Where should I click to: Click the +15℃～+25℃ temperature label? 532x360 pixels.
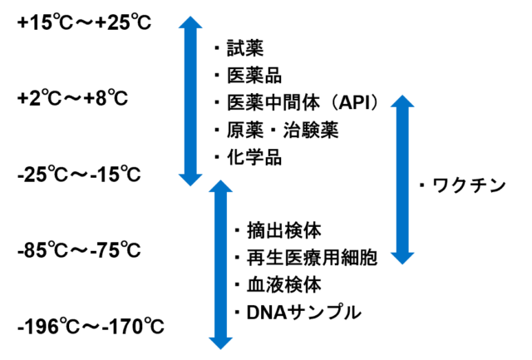click(84, 23)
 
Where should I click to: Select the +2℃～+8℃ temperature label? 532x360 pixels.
click(72, 99)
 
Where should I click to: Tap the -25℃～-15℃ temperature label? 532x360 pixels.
click(79, 175)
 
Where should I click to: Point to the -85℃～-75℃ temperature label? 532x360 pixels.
click(79, 250)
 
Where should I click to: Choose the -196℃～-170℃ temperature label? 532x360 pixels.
click(91, 327)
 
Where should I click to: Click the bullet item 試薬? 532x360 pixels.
click(239, 48)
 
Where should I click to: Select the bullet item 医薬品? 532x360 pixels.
click(249, 76)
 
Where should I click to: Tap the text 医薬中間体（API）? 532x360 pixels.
click(297, 103)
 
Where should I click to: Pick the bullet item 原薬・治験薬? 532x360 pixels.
click(277, 131)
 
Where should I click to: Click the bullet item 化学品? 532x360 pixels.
click(249, 158)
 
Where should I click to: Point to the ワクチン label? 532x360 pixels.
click(463, 185)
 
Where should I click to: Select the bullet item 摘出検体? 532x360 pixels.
click(278, 230)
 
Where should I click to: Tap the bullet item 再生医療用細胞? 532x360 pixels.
click(306, 258)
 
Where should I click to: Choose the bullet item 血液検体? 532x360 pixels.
click(278, 285)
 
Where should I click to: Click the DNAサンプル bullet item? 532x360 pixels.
click(298, 313)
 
